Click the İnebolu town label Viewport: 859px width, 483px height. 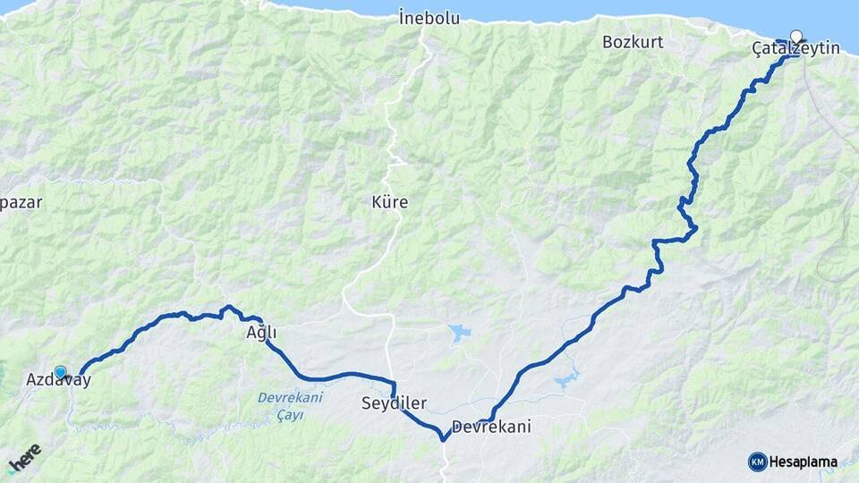(x=429, y=18)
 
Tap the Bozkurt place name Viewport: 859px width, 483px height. (x=633, y=42)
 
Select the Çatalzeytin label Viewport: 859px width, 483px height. (x=795, y=48)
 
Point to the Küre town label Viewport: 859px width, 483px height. (x=389, y=202)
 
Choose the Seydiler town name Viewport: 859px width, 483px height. (x=394, y=403)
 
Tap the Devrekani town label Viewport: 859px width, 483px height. (x=491, y=427)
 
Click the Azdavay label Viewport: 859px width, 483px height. (x=58, y=380)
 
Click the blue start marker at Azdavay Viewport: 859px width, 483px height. (x=60, y=371)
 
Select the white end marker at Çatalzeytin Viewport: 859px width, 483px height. (x=795, y=38)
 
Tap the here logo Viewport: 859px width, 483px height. (x=24, y=459)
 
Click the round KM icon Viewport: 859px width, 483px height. (x=757, y=462)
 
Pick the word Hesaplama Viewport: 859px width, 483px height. (x=803, y=462)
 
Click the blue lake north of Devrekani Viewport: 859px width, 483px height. (x=460, y=334)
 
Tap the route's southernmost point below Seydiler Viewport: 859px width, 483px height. (x=443, y=439)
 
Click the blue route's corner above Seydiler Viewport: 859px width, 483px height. (x=393, y=384)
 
